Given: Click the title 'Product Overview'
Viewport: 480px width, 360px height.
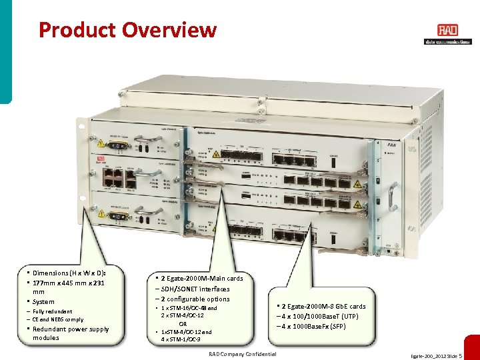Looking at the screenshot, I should [127, 30].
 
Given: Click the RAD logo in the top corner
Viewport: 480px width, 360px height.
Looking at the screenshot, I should [447, 31].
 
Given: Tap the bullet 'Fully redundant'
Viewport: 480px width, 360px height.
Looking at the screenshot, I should [53, 311].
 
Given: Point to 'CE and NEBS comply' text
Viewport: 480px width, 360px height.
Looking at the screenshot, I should [58, 320].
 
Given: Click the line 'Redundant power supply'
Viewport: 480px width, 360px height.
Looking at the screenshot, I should [71, 329].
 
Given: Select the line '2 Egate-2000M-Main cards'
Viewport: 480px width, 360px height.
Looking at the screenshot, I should [201, 278].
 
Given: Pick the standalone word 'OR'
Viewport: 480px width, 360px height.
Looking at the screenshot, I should [182, 323].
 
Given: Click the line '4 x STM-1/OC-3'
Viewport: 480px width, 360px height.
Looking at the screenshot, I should [181, 339].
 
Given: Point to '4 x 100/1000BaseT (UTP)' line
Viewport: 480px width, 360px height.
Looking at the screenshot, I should [321, 316].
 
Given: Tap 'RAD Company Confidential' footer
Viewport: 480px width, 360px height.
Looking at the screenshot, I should [242, 354].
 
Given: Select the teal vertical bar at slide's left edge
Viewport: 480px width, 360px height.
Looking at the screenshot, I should [5, 50].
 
